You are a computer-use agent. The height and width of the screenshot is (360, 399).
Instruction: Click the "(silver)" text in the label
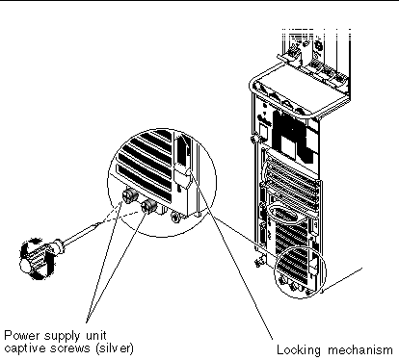114,348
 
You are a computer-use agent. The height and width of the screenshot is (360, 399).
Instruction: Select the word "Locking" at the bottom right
299,350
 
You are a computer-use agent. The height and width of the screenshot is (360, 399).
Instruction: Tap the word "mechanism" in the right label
360,349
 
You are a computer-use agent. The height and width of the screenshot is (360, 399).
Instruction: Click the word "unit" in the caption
95,336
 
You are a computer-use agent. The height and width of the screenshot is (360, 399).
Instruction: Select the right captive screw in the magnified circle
149,206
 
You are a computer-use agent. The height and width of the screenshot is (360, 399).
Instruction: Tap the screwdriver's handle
34,259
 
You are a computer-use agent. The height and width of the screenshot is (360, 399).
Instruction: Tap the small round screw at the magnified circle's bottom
176,218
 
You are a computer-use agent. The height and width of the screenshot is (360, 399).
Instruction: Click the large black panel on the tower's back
293,136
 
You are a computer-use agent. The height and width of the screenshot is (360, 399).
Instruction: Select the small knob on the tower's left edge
253,139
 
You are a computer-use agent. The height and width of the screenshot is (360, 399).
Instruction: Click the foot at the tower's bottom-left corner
259,262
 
